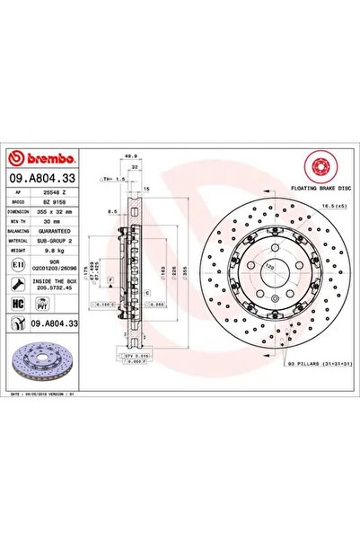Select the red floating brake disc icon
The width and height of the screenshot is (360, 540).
point(320,168)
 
